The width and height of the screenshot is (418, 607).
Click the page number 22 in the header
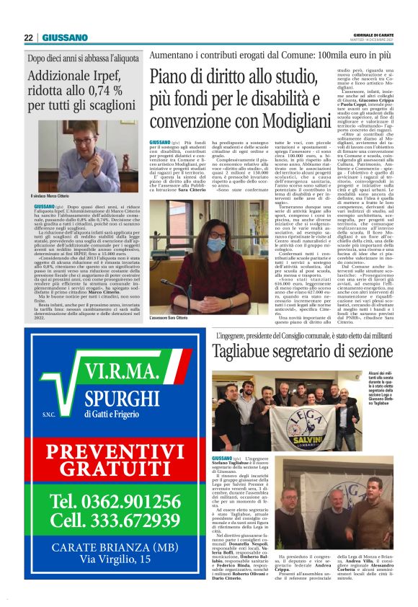tap(28, 37)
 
